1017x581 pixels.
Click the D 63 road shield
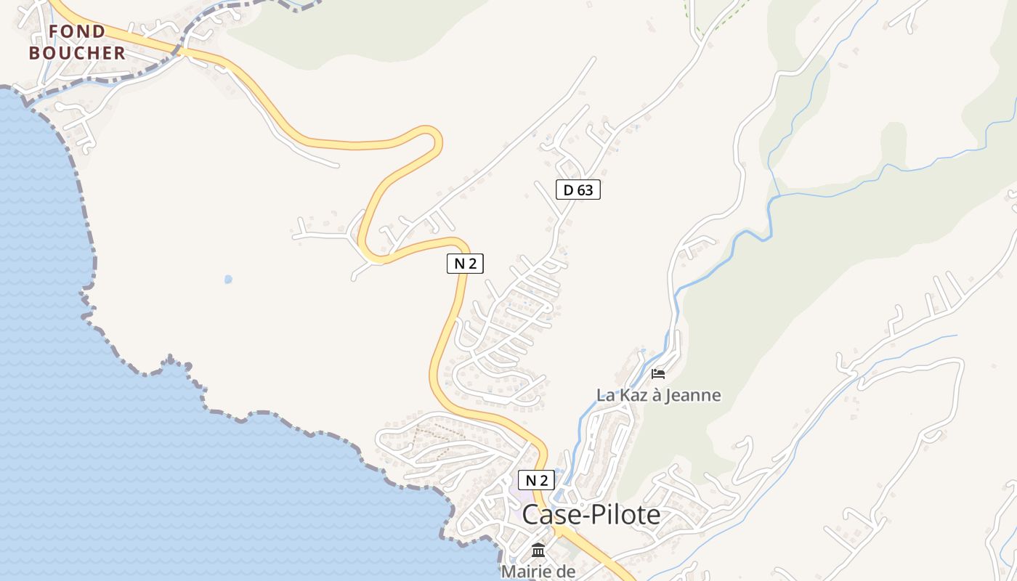pos(578,190)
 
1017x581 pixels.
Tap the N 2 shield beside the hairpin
pos(465,264)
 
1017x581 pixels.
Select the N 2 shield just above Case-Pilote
pos(536,480)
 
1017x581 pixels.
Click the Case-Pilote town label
pos(591,515)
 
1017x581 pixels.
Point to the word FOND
pos(77,32)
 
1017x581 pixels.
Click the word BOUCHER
pos(77,53)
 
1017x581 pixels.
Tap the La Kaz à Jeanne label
pos(658,395)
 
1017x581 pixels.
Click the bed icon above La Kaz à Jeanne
pos(658,374)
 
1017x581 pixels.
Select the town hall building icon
pos(538,550)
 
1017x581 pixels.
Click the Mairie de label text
pos(538,572)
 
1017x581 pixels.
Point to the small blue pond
pos(228,279)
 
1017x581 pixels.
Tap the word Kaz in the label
pos(631,395)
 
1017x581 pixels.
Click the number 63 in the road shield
pos(586,190)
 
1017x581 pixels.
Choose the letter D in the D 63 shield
pos(568,190)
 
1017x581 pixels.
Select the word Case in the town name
pos(549,515)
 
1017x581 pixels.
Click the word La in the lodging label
pos(605,395)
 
